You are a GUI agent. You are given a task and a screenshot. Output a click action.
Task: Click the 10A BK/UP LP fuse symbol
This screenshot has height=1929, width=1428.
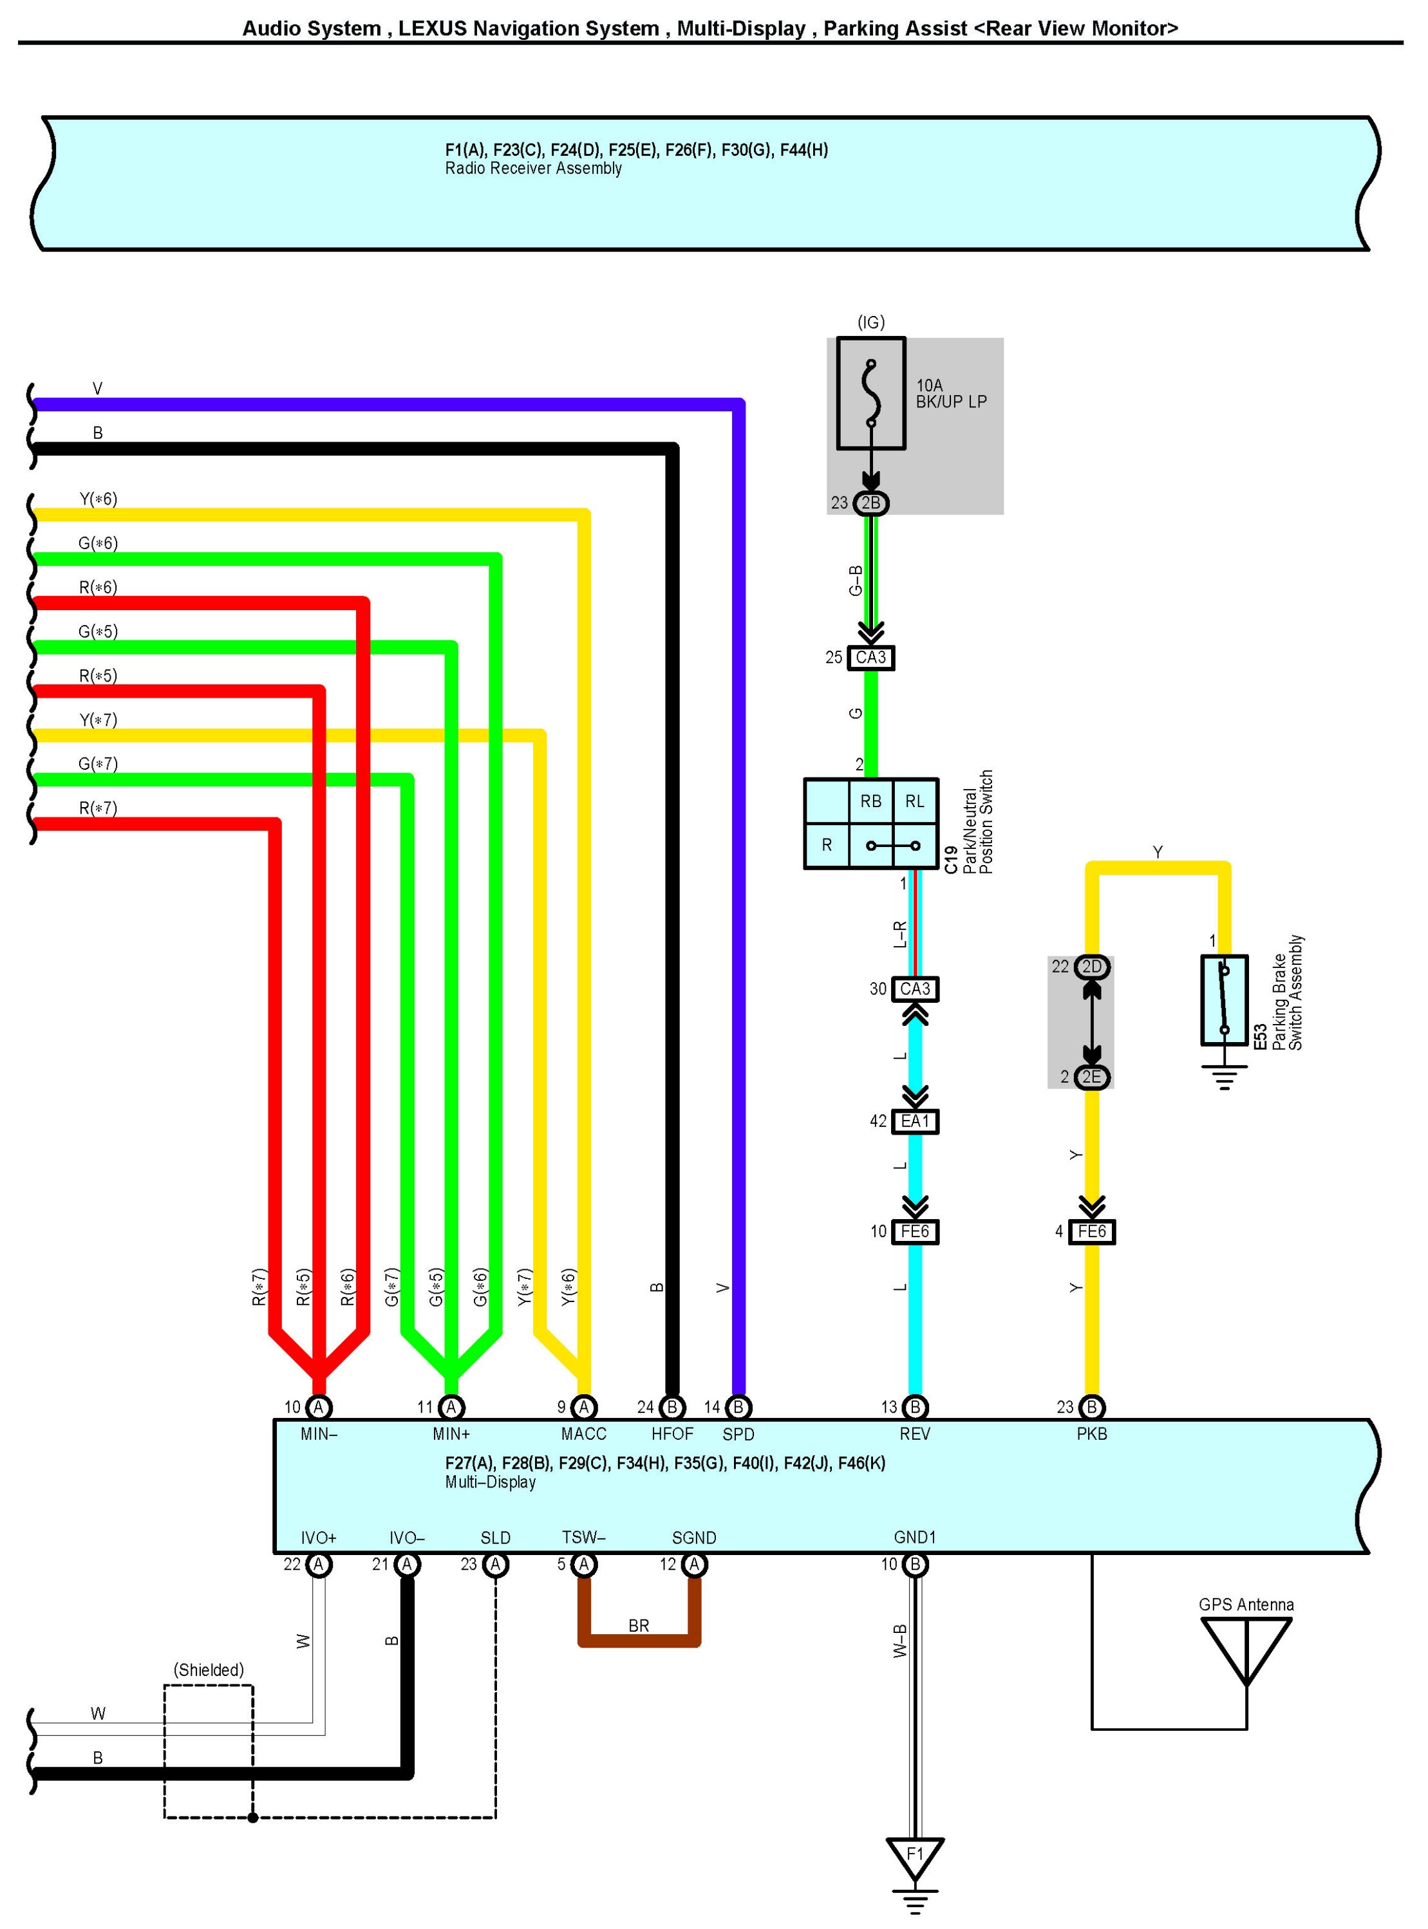pos(870,393)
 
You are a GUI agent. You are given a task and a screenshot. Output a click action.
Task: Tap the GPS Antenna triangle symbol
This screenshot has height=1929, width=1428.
pos(1246,1648)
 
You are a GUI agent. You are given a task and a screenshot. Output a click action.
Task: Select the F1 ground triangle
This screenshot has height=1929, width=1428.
pos(914,1856)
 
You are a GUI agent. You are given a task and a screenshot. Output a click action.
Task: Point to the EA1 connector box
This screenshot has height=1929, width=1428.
pos(914,1121)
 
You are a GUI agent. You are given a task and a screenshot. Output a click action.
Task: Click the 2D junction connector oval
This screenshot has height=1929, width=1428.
pos(1092,967)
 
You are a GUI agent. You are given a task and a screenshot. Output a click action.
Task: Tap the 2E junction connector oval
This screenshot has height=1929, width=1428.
pos(1092,1077)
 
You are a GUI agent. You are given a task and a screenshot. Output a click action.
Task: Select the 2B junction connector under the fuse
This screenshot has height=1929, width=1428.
pos(870,503)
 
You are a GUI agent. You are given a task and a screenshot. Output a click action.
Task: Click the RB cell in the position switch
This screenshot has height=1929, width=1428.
pos(870,801)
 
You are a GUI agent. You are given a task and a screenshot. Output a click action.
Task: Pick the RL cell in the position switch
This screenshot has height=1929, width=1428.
pos(914,801)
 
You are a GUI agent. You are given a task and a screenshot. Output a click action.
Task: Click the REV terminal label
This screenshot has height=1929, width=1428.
pos(914,1434)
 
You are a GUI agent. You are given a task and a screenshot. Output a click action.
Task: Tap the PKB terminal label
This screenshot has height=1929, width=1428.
pos(1092,1434)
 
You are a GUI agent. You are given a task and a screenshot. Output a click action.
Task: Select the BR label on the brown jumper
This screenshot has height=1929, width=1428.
pos(639,1626)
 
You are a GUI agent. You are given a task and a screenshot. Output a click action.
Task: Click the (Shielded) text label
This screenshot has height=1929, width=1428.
pos(209,1670)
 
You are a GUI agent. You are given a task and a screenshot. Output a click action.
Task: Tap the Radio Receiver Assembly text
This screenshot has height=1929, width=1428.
pos(533,169)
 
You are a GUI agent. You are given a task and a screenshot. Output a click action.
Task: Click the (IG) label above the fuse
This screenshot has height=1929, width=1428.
pos(870,322)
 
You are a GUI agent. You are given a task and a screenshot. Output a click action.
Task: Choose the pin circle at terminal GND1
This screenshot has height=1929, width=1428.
pos(914,1564)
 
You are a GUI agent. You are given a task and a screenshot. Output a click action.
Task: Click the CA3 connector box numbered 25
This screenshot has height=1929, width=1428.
pos(870,658)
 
